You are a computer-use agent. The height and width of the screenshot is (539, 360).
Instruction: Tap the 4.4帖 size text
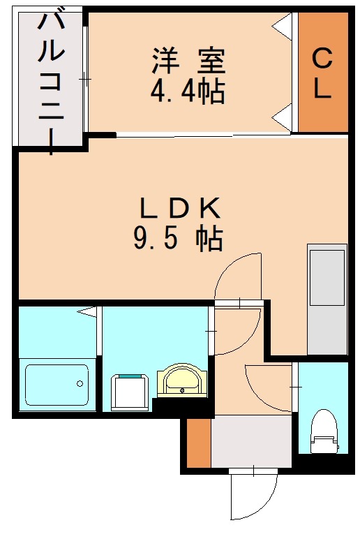click(188, 91)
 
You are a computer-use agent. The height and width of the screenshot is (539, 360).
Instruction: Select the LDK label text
click(180, 207)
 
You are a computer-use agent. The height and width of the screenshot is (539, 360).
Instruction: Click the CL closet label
click(322, 73)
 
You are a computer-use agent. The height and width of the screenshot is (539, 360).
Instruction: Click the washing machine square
click(130, 392)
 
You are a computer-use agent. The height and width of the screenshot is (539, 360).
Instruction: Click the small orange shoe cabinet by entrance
click(198, 444)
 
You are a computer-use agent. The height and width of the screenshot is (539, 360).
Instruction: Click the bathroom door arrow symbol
click(88, 311)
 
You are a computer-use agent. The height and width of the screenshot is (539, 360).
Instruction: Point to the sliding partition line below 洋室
click(202, 135)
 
